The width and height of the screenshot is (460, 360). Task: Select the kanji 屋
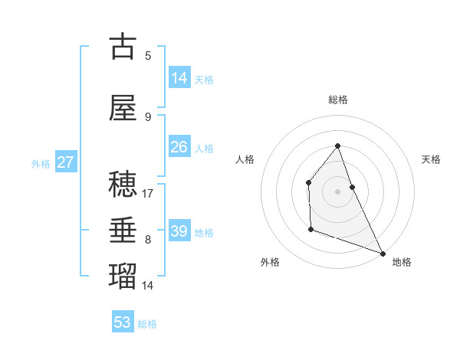[x=123, y=109]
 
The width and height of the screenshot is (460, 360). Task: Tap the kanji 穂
[x=123, y=184]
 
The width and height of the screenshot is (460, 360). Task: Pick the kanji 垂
[x=123, y=230]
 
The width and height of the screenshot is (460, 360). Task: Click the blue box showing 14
[x=179, y=78]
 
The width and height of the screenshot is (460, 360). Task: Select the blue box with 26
[x=179, y=147]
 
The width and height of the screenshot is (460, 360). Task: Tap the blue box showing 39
[x=179, y=231]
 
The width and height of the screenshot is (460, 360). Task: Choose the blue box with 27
[x=65, y=162]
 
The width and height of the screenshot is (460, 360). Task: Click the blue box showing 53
[x=123, y=322]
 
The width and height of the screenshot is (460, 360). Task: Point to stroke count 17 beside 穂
[x=149, y=194]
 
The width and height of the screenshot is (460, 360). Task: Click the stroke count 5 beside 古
[x=148, y=55]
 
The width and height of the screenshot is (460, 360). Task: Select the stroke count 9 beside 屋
[x=148, y=116]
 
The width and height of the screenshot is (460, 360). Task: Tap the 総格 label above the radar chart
[x=338, y=100]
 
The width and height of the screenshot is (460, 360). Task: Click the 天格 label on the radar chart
[x=431, y=159]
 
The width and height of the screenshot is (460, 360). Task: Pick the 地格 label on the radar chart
[x=402, y=262]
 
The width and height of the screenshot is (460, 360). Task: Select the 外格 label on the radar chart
[x=270, y=262]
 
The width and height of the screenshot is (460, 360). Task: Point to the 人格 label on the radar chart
[x=245, y=159]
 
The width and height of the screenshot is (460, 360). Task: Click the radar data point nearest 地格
[x=383, y=253]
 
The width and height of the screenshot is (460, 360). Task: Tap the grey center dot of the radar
[x=338, y=191]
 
